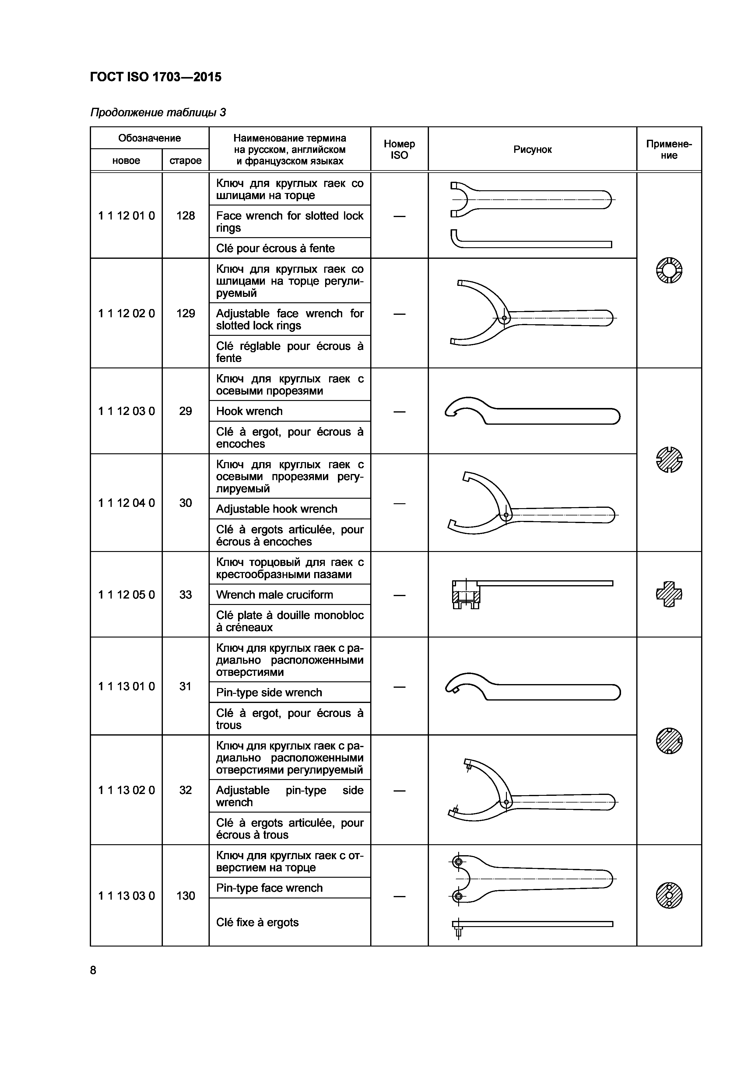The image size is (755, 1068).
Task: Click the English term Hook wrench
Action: click(x=249, y=411)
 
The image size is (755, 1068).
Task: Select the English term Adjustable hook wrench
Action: click(x=276, y=509)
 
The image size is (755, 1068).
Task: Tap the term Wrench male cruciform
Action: click(x=275, y=595)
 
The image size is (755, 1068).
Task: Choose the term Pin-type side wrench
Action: click(x=269, y=693)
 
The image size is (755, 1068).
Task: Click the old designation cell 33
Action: click(x=186, y=595)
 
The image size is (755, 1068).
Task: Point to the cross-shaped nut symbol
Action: click(x=669, y=594)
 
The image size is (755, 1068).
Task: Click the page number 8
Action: click(x=93, y=970)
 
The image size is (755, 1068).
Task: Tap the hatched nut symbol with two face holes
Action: click(x=669, y=895)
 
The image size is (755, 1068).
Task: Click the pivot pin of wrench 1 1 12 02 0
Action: click(x=504, y=319)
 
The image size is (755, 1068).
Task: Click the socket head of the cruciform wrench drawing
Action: click(x=466, y=595)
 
